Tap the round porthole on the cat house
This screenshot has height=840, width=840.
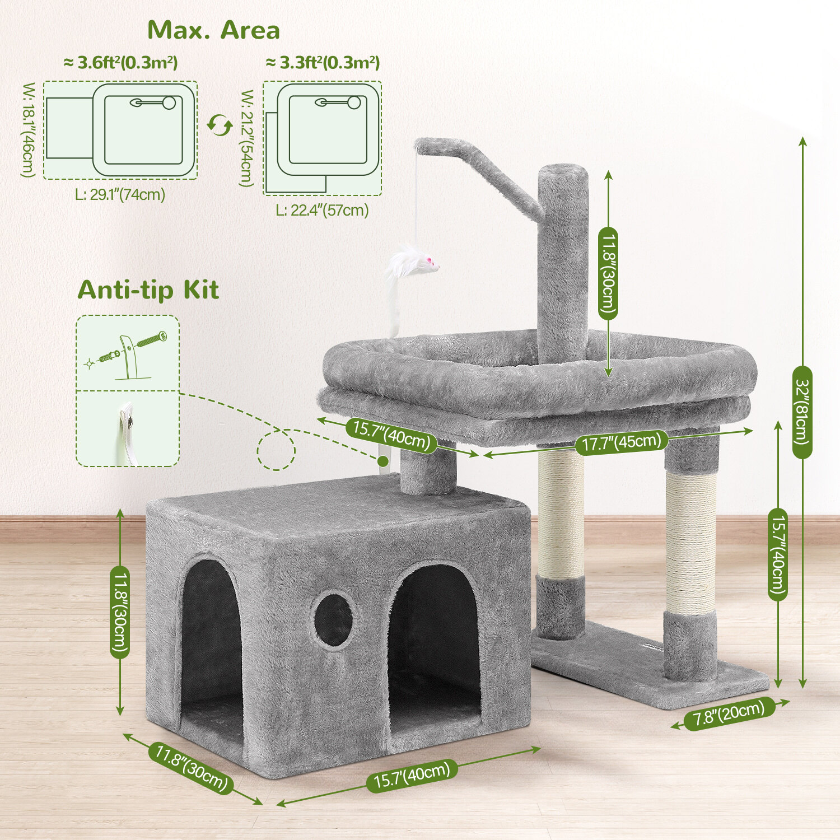[x=333, y=621]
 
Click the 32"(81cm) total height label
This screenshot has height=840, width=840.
[x=802, y=412]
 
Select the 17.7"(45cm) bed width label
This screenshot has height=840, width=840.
[x=621, y=442]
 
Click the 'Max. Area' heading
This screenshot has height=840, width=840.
[x=213, y=30]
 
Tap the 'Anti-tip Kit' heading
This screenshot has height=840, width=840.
[x=148, y=290]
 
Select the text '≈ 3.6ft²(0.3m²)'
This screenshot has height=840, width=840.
[x=120, y=63]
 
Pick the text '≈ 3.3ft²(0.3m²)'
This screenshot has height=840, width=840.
[x=323, y=63]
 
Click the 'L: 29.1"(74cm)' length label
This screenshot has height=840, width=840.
[x=120, y=194]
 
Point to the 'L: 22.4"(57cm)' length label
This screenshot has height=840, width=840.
[x=323, y=210]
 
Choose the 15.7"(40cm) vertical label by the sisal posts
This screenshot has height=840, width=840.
[x=777, y=554]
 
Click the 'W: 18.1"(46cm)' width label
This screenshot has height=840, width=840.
[x=29, y=130]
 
